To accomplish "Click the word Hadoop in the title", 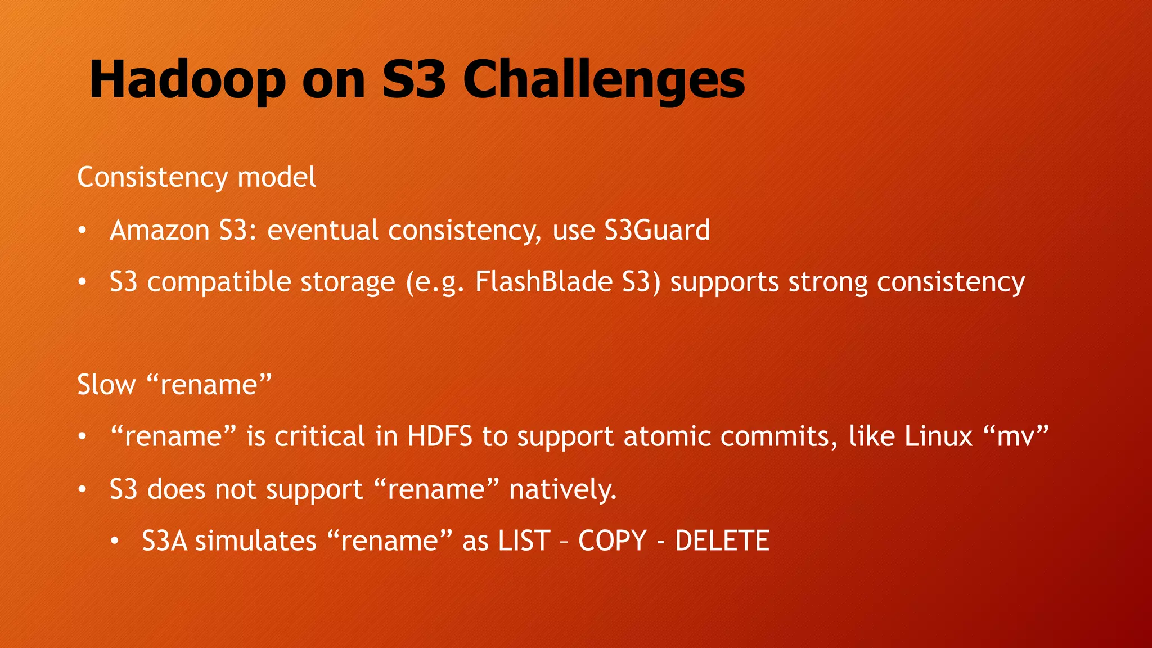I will (x=187, y=80).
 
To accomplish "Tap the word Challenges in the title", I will (x=604, y=80).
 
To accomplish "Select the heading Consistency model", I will (x=196, y=177).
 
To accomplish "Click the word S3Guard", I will (x=657, y=230).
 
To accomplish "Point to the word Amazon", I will (x=159, y=230).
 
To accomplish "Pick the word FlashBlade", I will (x=543, y=282).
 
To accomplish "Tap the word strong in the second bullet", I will (x=827, y=282).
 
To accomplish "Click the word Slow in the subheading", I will (x=106, y=385).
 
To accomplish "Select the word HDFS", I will (x=440, y=436).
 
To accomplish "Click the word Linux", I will (x=938, y=436).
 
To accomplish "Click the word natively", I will (x=562, y=489).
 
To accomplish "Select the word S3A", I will (x=164, y=541).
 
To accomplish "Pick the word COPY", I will (x=613, y=541).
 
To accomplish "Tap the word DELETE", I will (x=722, y=541).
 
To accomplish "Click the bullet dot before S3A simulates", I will (x=115, y=542).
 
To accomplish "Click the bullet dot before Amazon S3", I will (x=82, y=231).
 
